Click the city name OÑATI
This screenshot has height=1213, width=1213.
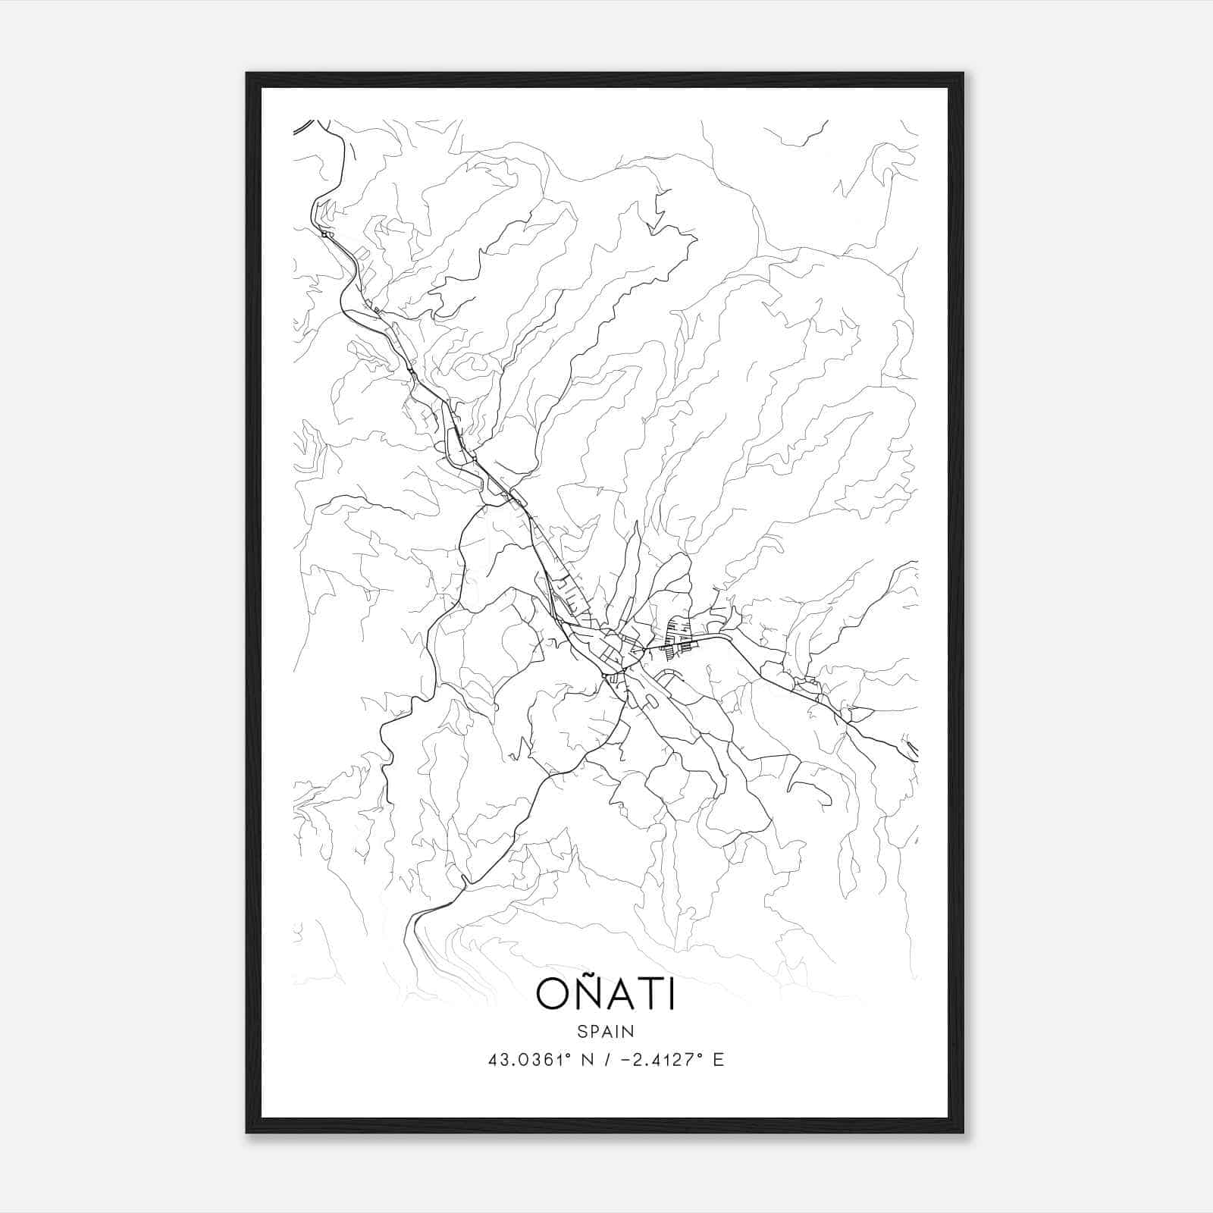(x=605, y=994)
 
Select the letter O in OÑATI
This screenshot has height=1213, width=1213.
(x=551, y=995)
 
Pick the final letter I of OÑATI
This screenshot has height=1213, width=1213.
(x=671, y=995)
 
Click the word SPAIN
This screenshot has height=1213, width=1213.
(x=605, y=1031)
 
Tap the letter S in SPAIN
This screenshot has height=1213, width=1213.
(x=581, y=1031)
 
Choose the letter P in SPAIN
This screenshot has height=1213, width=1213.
(x=594, y=1031)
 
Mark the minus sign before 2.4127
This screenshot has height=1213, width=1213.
(x=625, y=1060)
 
